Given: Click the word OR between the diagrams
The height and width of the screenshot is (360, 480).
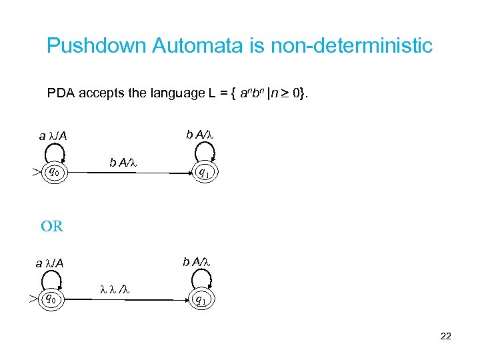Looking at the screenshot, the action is click(52, 226).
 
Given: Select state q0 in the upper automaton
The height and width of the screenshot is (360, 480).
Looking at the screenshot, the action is click(54, 173).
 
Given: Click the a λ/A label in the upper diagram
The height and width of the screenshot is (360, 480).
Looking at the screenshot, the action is click(53, 137).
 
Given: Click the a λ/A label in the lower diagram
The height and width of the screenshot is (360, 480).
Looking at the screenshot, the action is click(50, 263).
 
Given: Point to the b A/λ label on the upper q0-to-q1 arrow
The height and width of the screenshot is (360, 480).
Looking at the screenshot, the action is click(123, 162).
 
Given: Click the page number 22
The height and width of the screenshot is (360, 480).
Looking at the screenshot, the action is click(446, 337).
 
